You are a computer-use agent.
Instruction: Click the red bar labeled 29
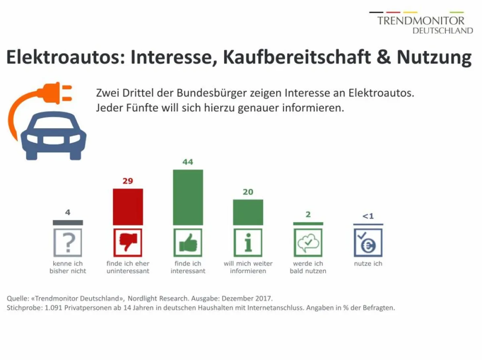(x=128, y=207)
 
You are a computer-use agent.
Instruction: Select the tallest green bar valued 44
(x=188, y=197)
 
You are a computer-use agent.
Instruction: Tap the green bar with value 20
(x=248, y=212)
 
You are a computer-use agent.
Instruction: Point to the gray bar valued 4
(x=68, y=222)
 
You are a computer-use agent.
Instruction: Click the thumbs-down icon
(x=128, y=243)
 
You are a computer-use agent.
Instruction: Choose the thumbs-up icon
(x=188, y=243)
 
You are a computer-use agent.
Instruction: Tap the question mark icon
(x=68, y=243)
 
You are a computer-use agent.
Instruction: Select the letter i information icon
(x=248, y=243)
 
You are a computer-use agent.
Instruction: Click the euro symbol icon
(x=368, y=243)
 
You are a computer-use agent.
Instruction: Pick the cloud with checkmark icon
(x=308, y=243)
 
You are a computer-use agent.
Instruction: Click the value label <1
(x=368, y=216)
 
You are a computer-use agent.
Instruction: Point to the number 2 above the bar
(x=308, y=214)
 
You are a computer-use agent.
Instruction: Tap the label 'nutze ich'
(x=368, y=264)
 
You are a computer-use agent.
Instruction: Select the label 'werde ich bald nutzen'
(x=308, y=267)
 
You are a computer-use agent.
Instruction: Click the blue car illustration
(x=53, y=135)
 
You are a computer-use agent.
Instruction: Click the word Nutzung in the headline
(x=434, y=57)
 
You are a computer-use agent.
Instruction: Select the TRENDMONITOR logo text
(x=421, y=20)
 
